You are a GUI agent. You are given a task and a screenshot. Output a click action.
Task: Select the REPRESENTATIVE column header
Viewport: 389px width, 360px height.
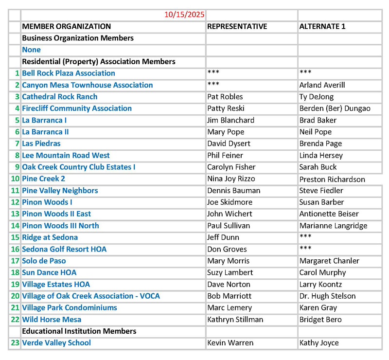point(237,26)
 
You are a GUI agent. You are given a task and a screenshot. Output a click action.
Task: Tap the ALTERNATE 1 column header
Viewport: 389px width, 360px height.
point(322,26)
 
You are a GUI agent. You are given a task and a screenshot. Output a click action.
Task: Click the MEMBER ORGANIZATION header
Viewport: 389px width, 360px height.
point(67,26)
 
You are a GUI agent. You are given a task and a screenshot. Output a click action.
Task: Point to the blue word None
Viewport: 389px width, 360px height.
point(31,50)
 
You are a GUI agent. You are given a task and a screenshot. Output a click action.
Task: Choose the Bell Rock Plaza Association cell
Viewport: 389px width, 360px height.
point(69,73)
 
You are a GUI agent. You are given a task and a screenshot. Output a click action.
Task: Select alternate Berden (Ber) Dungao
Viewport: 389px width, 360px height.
point(335,108)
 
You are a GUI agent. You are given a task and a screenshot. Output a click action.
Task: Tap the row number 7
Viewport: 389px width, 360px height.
point(17,144)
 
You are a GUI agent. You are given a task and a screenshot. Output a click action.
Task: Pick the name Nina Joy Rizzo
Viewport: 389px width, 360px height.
point(231,179)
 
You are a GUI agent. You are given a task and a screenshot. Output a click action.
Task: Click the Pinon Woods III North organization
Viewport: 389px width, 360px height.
point(60,226)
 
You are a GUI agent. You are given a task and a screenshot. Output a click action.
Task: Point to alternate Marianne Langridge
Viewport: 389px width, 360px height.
point(333,226)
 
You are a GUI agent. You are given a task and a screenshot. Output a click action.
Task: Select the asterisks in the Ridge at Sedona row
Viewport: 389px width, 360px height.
point(305,236)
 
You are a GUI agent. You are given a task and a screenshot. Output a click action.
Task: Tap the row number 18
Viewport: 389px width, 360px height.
point(15,272)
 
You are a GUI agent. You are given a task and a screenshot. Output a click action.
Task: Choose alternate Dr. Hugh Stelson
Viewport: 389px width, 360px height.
point(327,296)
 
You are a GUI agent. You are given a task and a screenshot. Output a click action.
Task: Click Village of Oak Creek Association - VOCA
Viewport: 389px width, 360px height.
point(91,296)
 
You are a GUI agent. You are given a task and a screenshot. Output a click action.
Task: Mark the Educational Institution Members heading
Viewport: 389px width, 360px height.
point(79,331)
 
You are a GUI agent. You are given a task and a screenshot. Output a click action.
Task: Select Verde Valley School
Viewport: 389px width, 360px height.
point(56,342)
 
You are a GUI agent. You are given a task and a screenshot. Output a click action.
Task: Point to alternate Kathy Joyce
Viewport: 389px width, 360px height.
point(319,343)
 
